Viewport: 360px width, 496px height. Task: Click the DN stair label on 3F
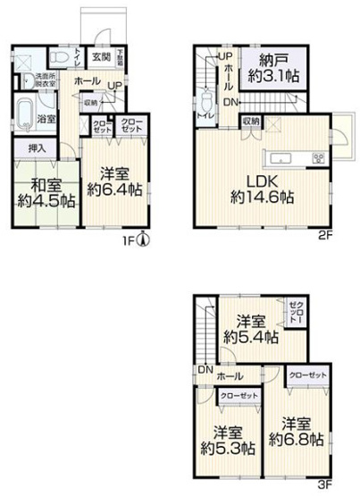[x=205, y=370]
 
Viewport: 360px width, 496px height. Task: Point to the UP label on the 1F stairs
[x=114, y=86]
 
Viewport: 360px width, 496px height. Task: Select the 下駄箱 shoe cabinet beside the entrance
[x=120, y=55]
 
